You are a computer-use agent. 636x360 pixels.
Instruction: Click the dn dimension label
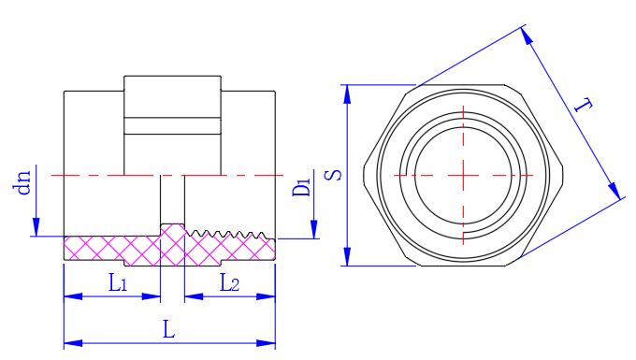coord(24,183)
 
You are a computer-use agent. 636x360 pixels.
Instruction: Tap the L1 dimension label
coord(118,282)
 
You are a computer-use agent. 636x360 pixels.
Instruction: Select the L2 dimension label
coord(229,282)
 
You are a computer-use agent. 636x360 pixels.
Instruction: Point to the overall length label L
coord(168,329)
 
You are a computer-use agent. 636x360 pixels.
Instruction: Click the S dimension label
coord(333,175)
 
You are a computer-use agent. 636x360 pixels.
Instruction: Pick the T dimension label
coord(584,106)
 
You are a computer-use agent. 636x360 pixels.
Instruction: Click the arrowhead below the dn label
coord(36,226)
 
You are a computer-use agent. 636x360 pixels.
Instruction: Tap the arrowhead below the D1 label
coord(314,229)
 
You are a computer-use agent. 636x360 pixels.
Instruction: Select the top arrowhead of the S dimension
coord(347,94)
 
